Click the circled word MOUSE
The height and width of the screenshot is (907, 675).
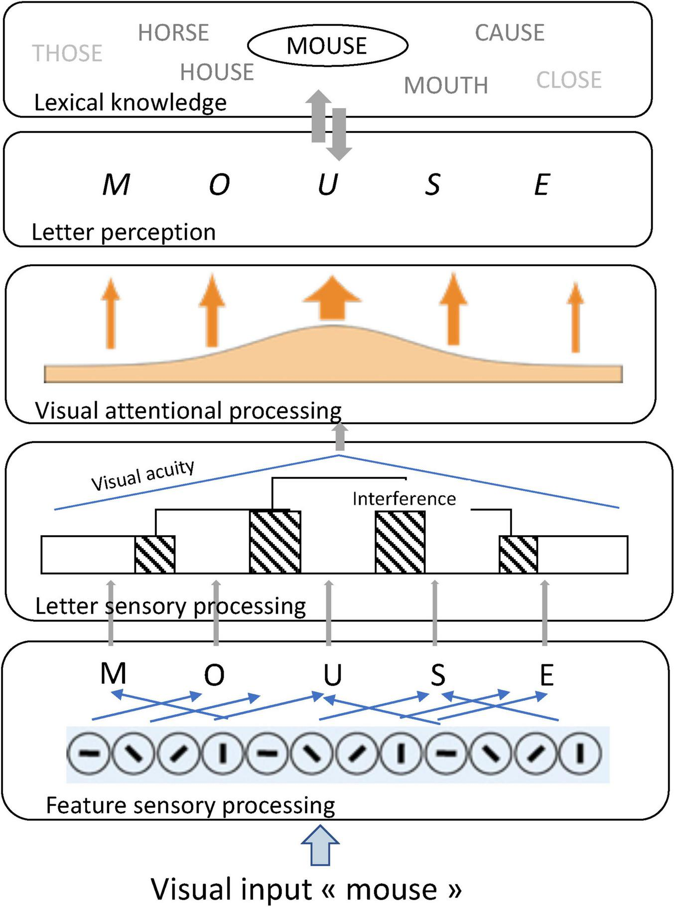tap(327, 46)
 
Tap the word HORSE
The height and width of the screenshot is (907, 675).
tap(173, 33)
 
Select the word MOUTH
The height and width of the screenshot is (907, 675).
tap(446, 85)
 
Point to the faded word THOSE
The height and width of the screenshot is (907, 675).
tap(67, 53)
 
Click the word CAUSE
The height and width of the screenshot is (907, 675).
tap(510, 33)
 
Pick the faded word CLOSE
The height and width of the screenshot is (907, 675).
tap(569, 80)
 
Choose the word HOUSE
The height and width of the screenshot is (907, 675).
tap(217, 72)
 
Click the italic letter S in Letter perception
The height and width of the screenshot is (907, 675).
tap(432, 184)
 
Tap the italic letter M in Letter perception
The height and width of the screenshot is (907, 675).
tap(116, 184)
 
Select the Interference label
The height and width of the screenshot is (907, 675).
tap(404, 499)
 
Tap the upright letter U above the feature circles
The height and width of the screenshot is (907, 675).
tap(332, 675)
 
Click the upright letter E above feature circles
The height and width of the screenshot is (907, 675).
tap(546, 675)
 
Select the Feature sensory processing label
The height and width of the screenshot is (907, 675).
tap(190, 805)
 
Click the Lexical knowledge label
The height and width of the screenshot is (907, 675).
tap(130, 102)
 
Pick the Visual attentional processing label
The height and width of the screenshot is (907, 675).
tap(188, 411)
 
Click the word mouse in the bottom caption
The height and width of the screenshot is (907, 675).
tap(392, 890)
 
